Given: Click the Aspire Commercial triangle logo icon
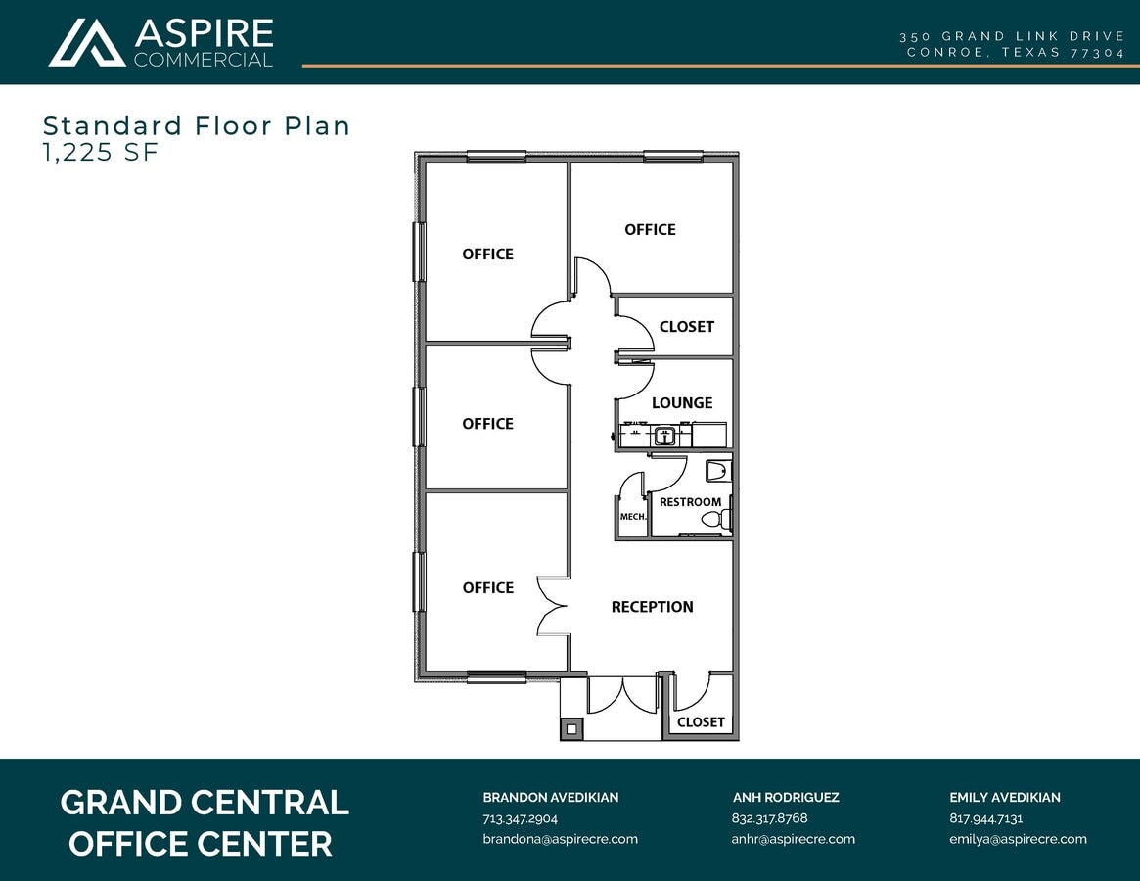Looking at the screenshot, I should tap(87, 43).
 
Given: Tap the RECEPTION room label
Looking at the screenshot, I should tap(652, 607).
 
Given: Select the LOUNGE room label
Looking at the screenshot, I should tap(682, 403).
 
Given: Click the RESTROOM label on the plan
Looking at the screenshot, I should tap(690, 502).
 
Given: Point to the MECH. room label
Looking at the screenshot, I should tap(632, 517).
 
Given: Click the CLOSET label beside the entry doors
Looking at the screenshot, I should tap(701, 722).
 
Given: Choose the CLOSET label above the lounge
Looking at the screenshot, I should tap(686, 327).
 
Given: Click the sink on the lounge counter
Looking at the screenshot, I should tap(665, 437).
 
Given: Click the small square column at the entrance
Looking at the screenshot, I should tap(570, 728).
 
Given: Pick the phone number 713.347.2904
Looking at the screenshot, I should tap(520, 818).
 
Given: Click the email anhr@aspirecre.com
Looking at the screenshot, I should tap(793, 839).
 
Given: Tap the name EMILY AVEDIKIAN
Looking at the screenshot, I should tap(1004, 798).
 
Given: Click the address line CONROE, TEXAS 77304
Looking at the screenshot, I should tap(1016, 53).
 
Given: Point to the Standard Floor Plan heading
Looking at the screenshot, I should tap(196, 125).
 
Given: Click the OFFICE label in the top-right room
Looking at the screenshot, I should tap(650, 230).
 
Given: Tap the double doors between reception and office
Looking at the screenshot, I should tap(553, 605).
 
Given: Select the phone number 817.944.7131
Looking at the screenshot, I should tap(985, 818).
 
